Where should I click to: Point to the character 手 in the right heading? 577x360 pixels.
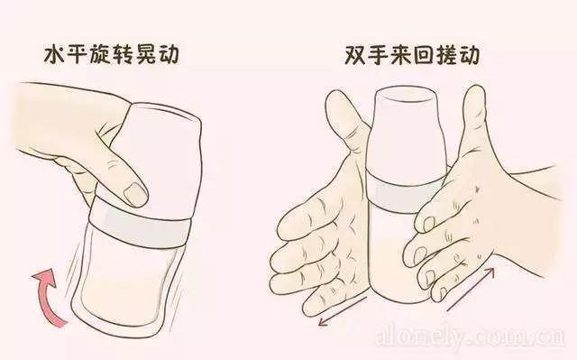379,55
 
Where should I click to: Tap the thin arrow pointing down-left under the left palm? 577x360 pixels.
343,311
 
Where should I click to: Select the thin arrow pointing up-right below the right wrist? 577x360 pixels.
471,290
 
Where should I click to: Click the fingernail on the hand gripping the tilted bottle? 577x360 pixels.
135,194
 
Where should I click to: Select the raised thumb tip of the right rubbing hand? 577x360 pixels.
475,95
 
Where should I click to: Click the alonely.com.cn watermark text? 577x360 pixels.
471,335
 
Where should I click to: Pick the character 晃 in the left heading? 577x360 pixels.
145,54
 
